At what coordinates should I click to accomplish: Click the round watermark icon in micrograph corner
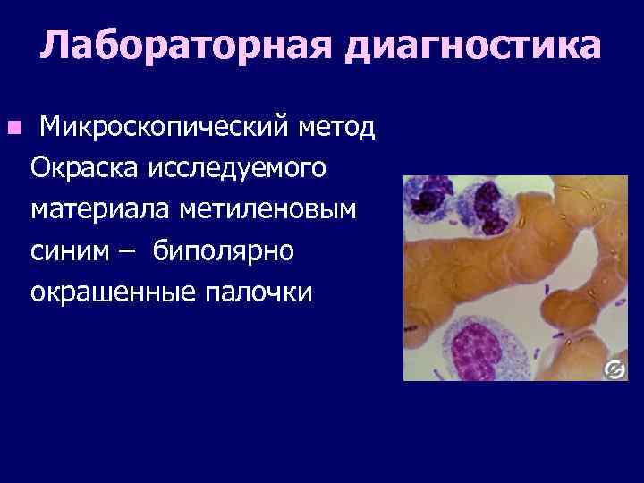614,368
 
